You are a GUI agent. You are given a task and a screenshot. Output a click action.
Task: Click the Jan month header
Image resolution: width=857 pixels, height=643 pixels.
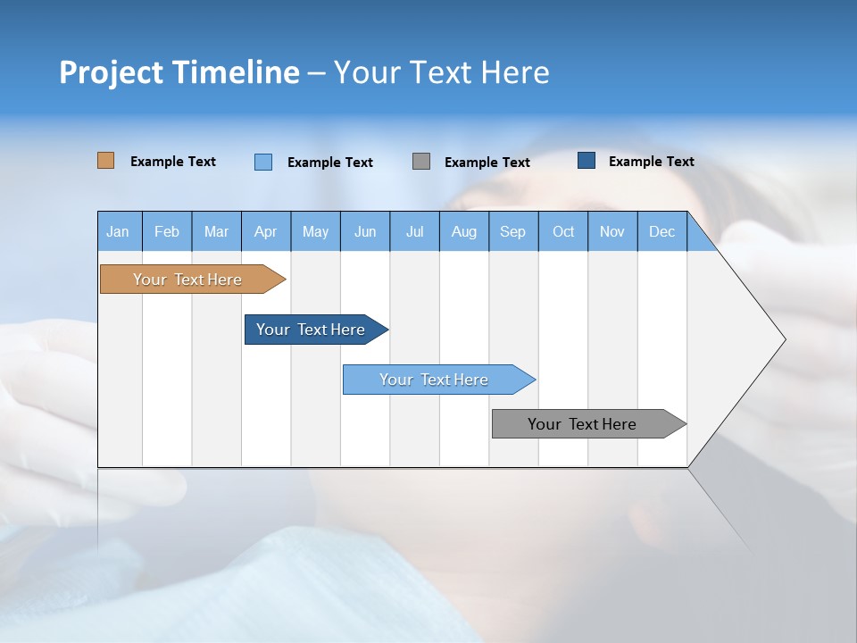pyautogui.click(x=119, y=231)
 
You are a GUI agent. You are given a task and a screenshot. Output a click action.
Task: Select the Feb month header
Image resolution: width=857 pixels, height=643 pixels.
pyautogui.click(x=167, y=231)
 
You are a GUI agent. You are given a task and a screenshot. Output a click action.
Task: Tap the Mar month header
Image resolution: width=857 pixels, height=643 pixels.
pyautogui.click(x=216, y=231)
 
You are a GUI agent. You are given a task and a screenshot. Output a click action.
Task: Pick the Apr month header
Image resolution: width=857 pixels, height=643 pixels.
pyautogui.click(x=266, y=231)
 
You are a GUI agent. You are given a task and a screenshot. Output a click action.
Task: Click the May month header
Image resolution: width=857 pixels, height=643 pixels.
pyautogui.click(x=315, y=231)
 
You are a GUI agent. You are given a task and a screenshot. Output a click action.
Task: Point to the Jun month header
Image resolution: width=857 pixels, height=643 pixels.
pyautogui.click(x=365, y=231)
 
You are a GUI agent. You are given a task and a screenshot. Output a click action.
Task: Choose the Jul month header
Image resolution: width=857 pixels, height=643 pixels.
pyautogui.click(x=414, y=231)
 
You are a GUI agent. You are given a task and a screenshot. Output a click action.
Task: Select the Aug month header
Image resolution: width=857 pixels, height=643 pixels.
pyautogui.click(x=464, y=231)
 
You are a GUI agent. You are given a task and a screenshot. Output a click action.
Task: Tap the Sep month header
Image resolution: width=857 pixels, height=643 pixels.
pyautogui.click(x=513, y=231)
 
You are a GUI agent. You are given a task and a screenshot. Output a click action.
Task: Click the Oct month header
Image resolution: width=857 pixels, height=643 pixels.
pyautogui.click(x=563, y=231)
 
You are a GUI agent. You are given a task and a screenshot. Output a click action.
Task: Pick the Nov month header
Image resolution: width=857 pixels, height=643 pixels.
pyautogui.click(x=612, y=231)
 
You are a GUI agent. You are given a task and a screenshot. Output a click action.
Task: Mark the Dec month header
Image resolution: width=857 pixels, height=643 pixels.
pyautogui.click(x=662, y=231)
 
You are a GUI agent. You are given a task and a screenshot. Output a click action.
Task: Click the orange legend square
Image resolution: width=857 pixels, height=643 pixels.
pyautogui.click(x=106, y=161)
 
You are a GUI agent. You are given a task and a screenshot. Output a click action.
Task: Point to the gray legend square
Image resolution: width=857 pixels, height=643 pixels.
pyautogui.click(x=421, y=162)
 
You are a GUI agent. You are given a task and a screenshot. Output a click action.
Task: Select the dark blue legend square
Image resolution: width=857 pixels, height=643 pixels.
pyautogui.click(x=587, y=161)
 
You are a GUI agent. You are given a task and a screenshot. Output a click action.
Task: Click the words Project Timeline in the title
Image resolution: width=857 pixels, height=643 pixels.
pyautogui.click(x=179, y=72)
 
